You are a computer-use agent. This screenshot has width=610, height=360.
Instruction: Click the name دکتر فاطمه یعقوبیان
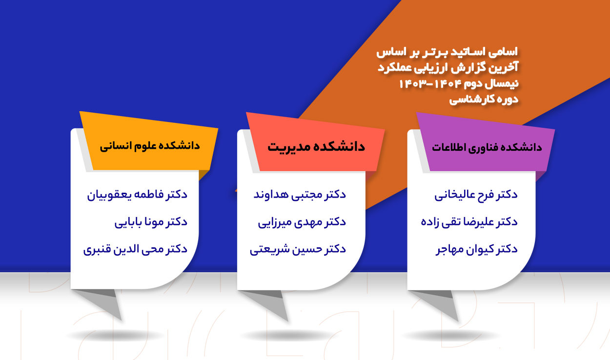point(137,195)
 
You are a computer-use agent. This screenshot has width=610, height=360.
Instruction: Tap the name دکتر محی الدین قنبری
point(135,249)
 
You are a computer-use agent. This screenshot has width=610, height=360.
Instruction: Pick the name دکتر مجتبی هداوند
point(300,195)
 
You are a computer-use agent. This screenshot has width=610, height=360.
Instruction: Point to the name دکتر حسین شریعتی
point(298,249)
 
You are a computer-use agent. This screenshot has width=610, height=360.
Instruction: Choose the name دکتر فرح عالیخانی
point(476,195)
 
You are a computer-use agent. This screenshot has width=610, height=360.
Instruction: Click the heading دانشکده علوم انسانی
point(150,146)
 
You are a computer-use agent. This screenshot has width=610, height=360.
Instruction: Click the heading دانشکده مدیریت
point(316,147)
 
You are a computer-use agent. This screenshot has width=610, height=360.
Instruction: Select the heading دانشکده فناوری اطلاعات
point(487,148)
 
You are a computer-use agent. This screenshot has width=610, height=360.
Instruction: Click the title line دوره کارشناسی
point(484,100)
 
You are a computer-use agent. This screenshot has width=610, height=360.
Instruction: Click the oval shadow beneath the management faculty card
point(289,335)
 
